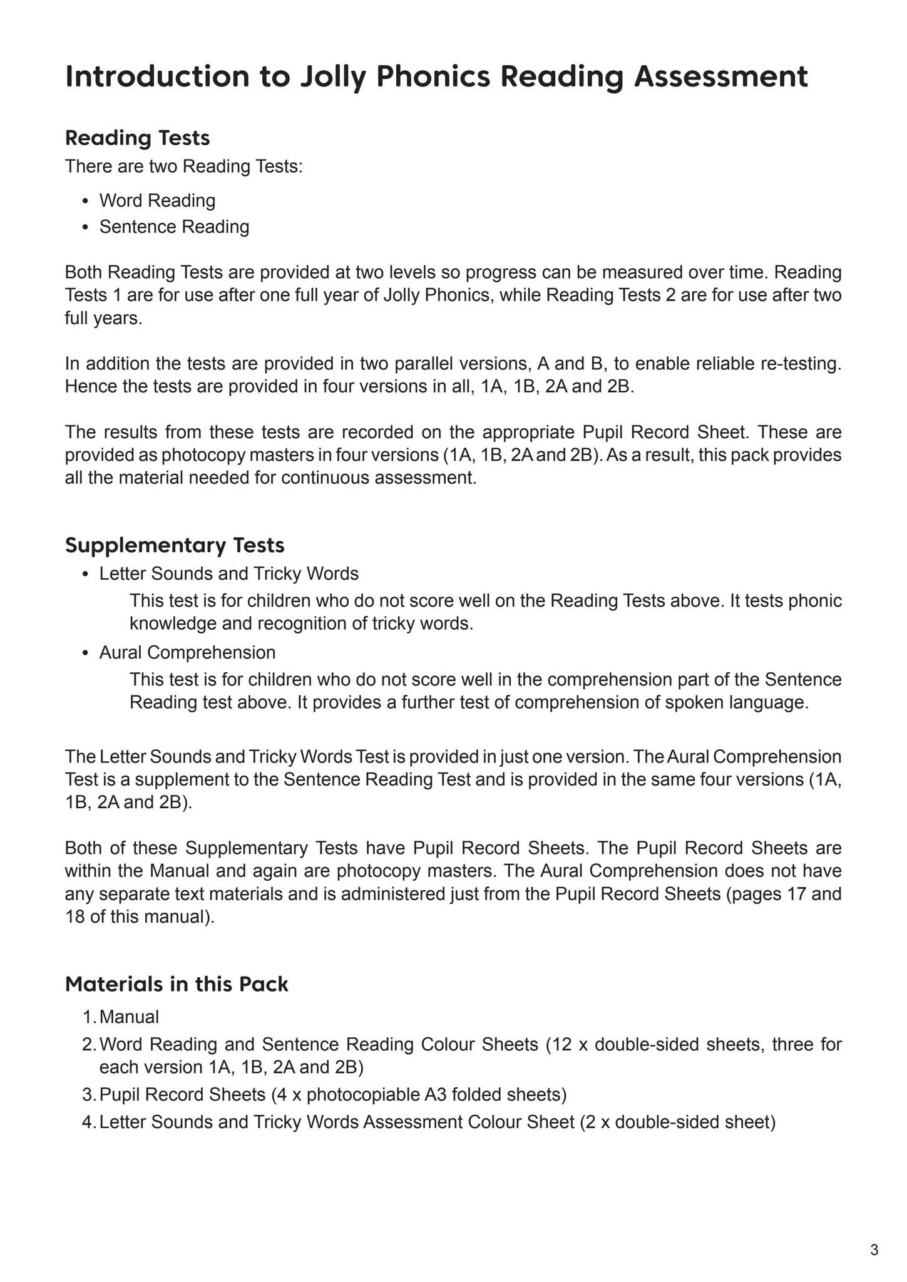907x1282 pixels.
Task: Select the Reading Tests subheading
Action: click(x=137, y=137)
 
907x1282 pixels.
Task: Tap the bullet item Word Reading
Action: click(x=157, y=200)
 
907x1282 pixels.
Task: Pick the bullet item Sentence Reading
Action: click(x=174, y=227)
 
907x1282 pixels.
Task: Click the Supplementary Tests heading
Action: click(x=175, y=545)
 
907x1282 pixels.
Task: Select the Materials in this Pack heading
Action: click(x=177, y=984)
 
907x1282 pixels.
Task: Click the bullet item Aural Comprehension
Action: click(x=187, y=652)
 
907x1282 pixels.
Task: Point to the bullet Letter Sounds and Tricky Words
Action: click(x=228, y=573)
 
